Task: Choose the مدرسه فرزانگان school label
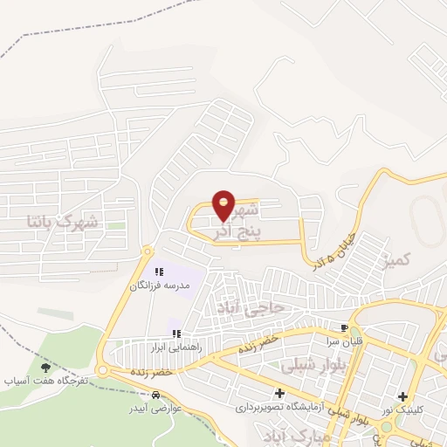tap(159, 285)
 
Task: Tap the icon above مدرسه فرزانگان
tap(159, 272)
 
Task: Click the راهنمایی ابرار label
tap(175, 347)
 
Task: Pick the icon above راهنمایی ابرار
tap(175, 334)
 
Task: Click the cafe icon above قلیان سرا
tap(344, 328)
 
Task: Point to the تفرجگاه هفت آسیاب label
tap(45, 382)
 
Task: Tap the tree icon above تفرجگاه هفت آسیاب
tap(45, 368)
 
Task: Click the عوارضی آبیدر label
tap(155, 408)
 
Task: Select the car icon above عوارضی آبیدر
tap(155, 395)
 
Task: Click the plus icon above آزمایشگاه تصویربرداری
tap(279, 394)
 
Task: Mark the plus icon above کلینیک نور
tap(402, 397)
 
